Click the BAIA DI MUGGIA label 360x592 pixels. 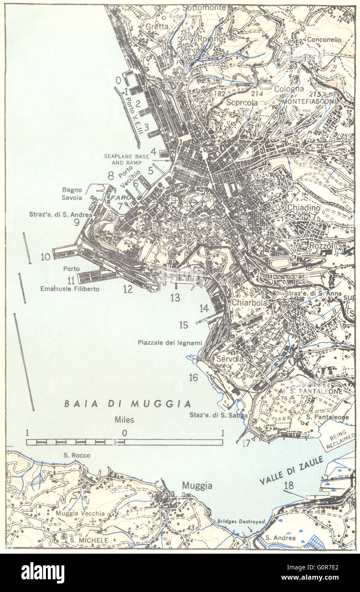click(x=127, y=404)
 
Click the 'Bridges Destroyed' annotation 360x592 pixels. click(x=241, y=521)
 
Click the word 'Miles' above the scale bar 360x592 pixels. click(x=124, y=420)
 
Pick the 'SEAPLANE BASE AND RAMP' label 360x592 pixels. click(x=127, y=159)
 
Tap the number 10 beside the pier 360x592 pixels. click(x=45, y=257)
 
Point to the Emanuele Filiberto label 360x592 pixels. click(x=70, y=289)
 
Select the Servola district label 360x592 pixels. click(x=230, y=359)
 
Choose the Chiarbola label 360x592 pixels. click(x=249, y=302)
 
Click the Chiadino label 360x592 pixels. click(x=303, y=207)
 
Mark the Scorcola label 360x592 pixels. click(x=242, y=102)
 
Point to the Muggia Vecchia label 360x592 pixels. click(x=80, y=513)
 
